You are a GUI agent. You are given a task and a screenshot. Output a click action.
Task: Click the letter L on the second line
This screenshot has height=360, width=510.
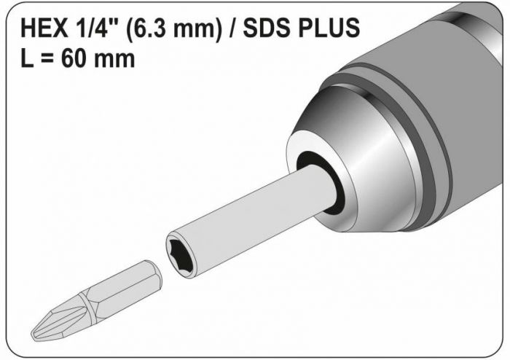point(27,58)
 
